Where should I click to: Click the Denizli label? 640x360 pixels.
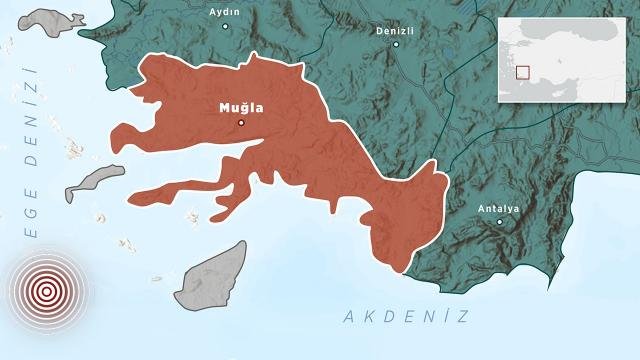point(396,31)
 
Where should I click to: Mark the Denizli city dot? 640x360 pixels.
point(396,45)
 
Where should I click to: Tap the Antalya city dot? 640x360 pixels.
point(500,221)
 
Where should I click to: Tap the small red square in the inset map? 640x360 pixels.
point(522,72)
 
